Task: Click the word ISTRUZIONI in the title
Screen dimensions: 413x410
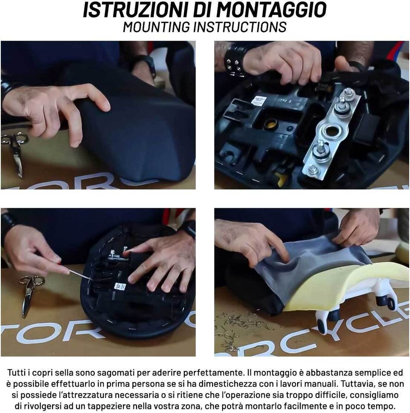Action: pyautogui.click(x=136, y=10)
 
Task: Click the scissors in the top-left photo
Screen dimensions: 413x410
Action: pyautogui.click(x=15, y=151)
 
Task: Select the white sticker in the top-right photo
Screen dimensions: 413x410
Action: pyautogui.click(x=258, y=100)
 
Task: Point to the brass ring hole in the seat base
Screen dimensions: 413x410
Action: pyautogui.click(x=271, y=124)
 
